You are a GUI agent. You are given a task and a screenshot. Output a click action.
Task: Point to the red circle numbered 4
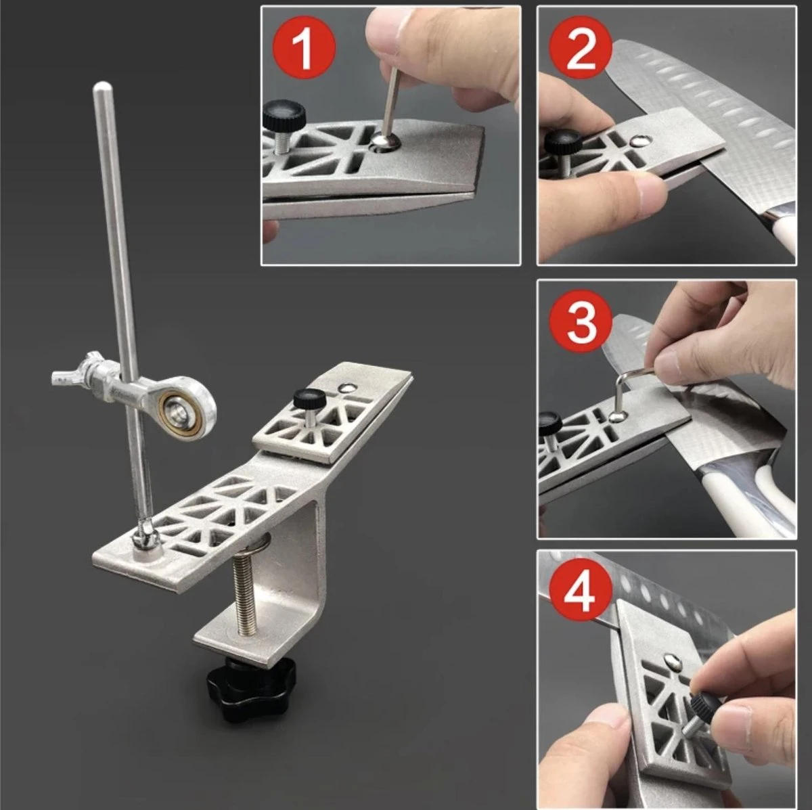pyautogui.click(x=580, y=593)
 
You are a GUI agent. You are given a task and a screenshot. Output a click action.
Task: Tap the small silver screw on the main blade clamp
pyautogui.click(x=347, y=388)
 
